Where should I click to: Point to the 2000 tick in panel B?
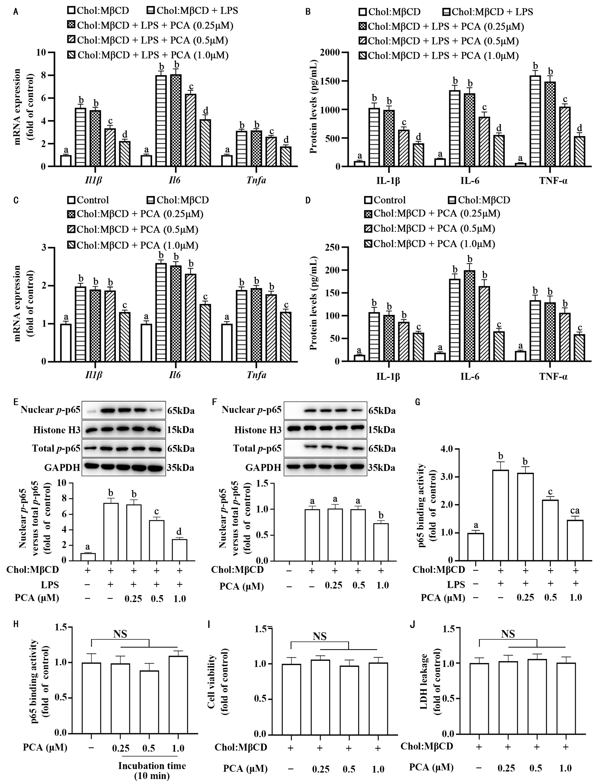(x=331, y=52)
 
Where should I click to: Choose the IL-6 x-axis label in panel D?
(x=470, y=376)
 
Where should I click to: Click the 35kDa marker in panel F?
(x=382, y=467)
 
